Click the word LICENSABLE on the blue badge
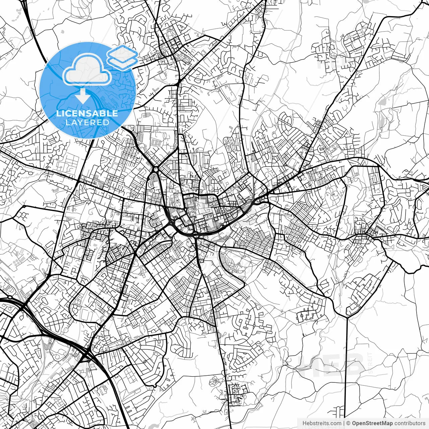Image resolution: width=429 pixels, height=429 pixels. point(87,113)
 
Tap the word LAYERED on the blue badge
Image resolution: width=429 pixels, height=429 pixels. point(87,122)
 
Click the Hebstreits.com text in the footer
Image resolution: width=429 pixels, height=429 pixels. point(322,423)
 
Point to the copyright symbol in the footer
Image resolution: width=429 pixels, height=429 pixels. point(348,423)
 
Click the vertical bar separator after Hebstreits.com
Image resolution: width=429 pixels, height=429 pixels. point(344,423)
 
